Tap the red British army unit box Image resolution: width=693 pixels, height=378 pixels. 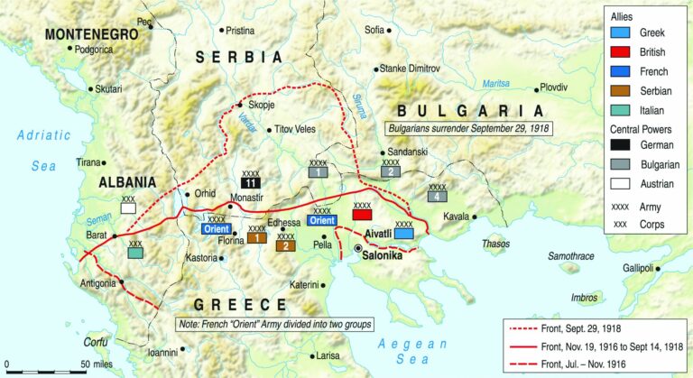click(362, 216)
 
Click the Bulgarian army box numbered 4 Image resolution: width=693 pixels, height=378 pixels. click(437, 196)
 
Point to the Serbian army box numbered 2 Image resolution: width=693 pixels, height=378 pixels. click(286, 244)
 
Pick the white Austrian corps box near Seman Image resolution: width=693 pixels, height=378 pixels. click(129, 207)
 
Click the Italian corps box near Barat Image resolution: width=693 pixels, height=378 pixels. click(136, 254)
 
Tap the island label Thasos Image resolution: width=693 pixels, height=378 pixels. click(495, 243)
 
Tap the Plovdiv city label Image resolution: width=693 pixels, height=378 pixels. click(553, 87)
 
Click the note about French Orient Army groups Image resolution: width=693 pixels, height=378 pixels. click(273, 324)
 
